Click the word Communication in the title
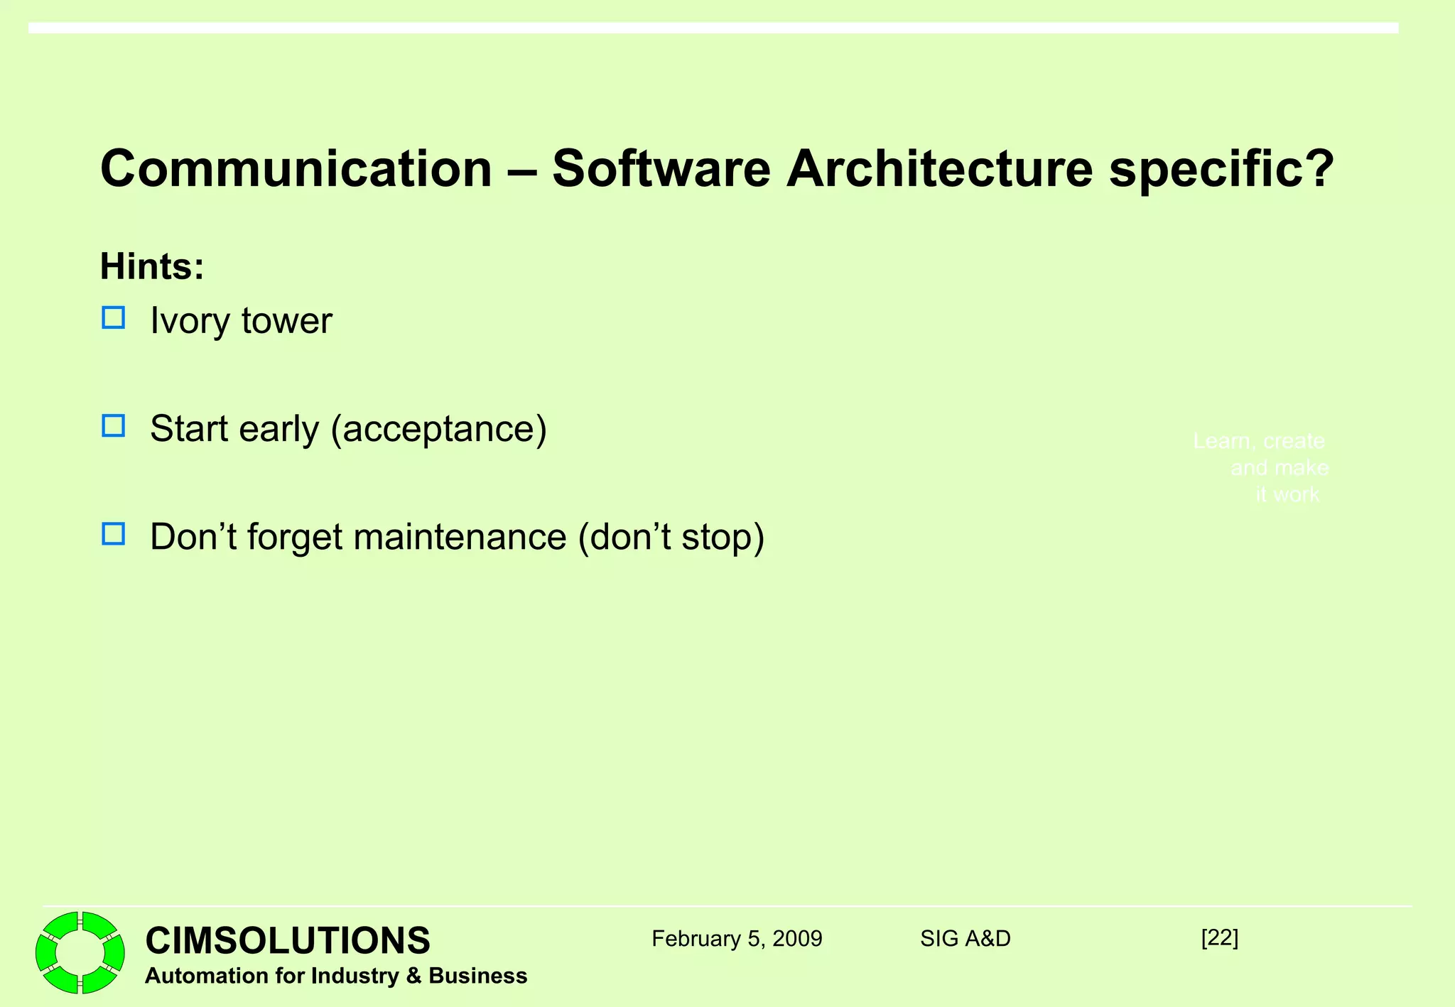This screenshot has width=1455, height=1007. tap(296, 169)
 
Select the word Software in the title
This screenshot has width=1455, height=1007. tap(661, 169)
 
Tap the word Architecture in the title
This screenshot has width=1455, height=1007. tap(939, 169)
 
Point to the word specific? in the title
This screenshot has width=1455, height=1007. tap(1222, 170)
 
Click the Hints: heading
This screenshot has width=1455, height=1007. tap(152, 266)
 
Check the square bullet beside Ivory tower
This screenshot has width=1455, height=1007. tap(114, 317)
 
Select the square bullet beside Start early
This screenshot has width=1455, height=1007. tap(114, 425)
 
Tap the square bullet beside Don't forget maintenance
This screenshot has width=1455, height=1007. tap(114, 533)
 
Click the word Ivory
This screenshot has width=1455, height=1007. tap(190, 321)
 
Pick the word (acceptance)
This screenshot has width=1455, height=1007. tap(439, 429)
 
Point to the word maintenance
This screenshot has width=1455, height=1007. tap(460, 536)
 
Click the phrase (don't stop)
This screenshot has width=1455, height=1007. tap(671, 536)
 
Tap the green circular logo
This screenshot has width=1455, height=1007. tap(80, 952)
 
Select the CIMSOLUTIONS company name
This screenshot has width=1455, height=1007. tap(288, 940)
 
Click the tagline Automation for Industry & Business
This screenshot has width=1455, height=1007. tap(336, 976)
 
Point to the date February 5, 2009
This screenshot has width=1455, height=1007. tap(737, 939)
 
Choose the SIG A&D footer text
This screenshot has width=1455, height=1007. tap(965, 939)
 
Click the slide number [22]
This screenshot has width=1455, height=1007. tap(1219, 937)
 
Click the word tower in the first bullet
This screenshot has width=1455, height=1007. tap(286, 321)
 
